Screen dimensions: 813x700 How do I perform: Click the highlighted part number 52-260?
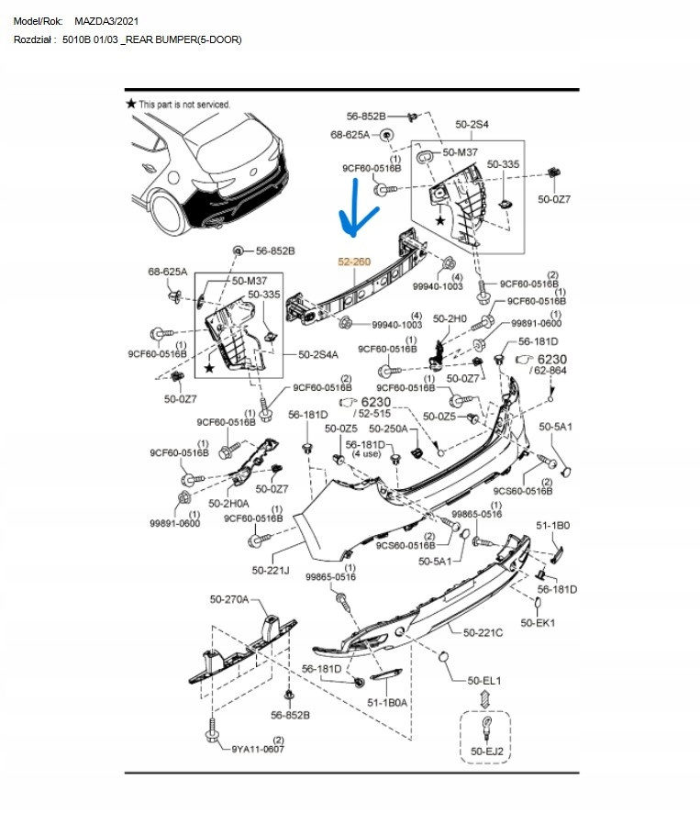pos(354,262)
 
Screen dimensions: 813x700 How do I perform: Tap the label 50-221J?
pos(272,571)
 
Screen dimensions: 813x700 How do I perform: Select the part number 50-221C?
pos(483,632)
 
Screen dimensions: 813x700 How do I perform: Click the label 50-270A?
pos(228,600)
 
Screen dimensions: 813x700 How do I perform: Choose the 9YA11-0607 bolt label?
pos(258,748)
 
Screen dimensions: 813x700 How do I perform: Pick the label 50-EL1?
pos(483,680)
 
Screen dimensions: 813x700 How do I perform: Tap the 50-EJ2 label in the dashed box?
pos(485,752)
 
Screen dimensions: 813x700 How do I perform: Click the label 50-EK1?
pos(539,622)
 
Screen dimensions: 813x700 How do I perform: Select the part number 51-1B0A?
pos(388,703)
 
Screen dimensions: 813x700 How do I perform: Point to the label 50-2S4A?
pos(318,354)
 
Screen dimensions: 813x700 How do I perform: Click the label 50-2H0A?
pos(228,503)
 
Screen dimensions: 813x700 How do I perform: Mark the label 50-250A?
pos(388,429)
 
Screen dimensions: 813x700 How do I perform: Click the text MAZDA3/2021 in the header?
pos(108,20)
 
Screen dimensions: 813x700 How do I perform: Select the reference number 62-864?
pos(551,371)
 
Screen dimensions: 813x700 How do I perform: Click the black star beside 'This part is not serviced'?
pos(131,105)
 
